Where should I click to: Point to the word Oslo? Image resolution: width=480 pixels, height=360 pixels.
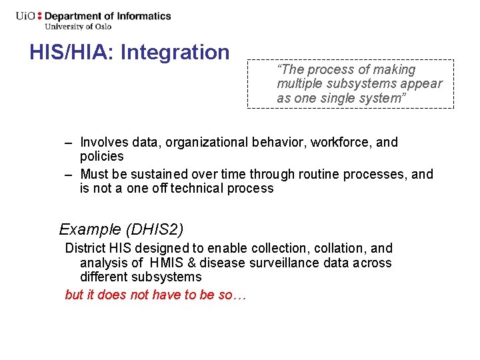point(102,27)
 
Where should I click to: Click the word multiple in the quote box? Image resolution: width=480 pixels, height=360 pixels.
point(299,83)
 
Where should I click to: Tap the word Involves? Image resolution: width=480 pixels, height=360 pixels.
point(102,142)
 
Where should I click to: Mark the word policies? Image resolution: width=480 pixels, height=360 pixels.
point(101,156)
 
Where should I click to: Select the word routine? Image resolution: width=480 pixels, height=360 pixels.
point(314,174)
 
